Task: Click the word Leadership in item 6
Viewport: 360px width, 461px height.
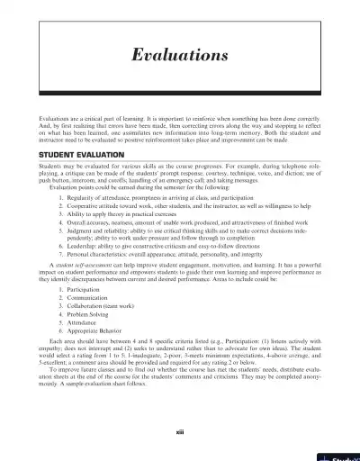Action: pyautogui.click(x=73, y=245)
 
